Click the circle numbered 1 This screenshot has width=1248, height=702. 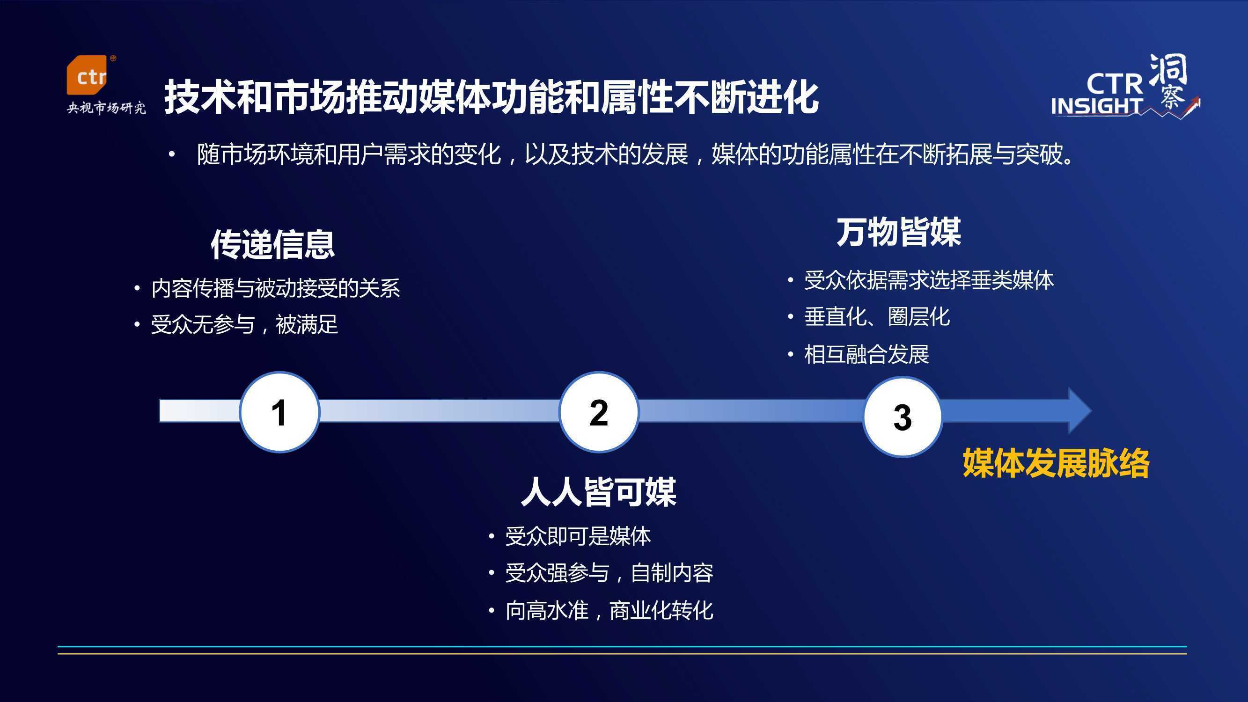click(x=279, y=412)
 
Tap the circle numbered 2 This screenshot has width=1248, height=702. click(x=599, y=412)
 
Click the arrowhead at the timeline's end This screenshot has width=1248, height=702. click(x=1079, y=410)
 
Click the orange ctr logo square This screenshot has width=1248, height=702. click(x=86, y=75)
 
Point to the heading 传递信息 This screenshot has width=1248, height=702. click(x=273, y=245)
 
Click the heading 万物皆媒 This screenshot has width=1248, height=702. click(x=899, y=233)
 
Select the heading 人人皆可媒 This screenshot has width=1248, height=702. click(x=599, y=492)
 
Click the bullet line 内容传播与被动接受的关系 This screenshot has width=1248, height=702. click(x=276, y=288)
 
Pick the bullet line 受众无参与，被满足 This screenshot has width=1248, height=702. click(x=244, y=325)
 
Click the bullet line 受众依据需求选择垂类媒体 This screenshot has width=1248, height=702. click(x=929, y=280)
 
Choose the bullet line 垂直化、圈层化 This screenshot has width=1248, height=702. click(x=877, y=317)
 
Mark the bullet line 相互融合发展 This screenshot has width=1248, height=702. click(x=867, y=355)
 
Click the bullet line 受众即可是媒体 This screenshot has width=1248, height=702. click(x=578, y=536)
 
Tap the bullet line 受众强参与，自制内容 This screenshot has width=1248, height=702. click(x=609, y=573)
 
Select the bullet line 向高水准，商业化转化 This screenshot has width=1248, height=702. click(x=609, y=610)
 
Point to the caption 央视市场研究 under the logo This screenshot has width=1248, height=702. click(x=106, y=108)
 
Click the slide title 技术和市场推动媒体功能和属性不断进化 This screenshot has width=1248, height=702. click(x=491, y=97)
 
